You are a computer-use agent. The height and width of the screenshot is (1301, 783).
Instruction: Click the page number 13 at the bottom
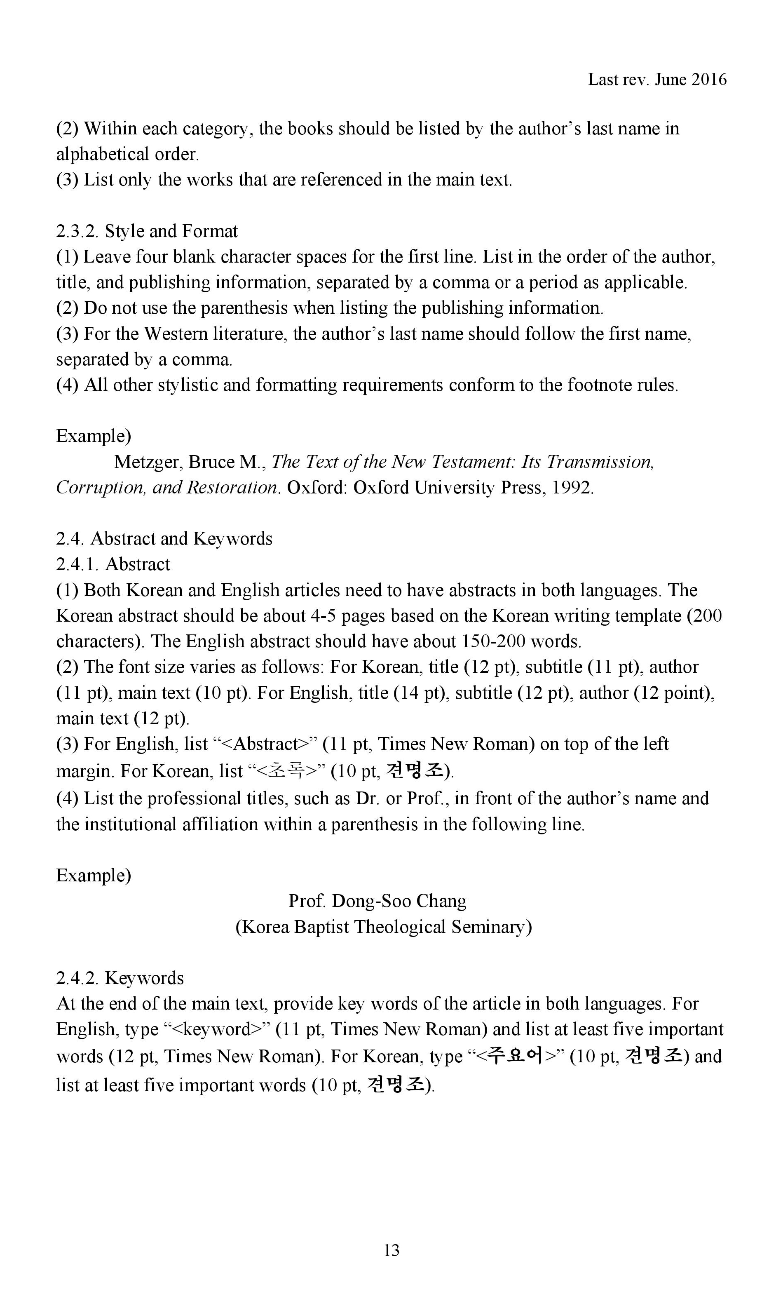391,1250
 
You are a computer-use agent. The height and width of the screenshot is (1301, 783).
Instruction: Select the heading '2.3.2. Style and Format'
147,231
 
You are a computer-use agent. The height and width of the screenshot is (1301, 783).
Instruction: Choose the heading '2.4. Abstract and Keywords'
164,539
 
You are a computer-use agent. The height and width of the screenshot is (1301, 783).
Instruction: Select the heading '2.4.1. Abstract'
113,565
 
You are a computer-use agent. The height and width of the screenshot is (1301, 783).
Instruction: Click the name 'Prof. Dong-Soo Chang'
377,901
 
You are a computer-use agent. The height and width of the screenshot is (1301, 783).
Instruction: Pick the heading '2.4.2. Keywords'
120,978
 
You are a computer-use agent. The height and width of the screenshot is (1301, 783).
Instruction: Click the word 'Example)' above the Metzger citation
94,437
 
